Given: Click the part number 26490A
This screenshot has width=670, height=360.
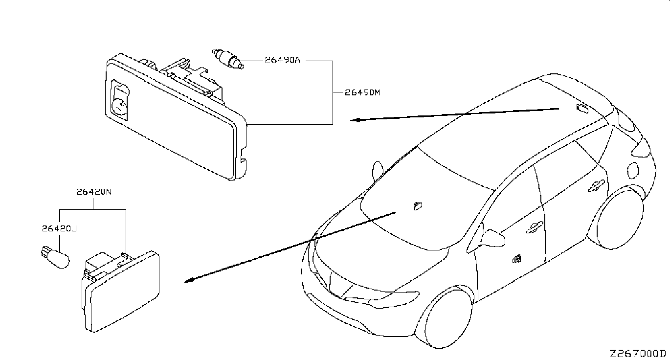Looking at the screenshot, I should click(282, 61).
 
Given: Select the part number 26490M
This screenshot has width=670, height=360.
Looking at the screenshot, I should click(362, 92).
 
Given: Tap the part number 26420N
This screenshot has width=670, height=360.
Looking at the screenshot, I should click(94, 192).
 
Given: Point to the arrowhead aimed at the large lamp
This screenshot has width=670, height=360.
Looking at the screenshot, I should click(357, 120).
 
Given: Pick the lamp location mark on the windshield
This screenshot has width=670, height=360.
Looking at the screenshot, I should click(418, 205).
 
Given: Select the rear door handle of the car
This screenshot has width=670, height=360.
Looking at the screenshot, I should click(598, 184).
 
